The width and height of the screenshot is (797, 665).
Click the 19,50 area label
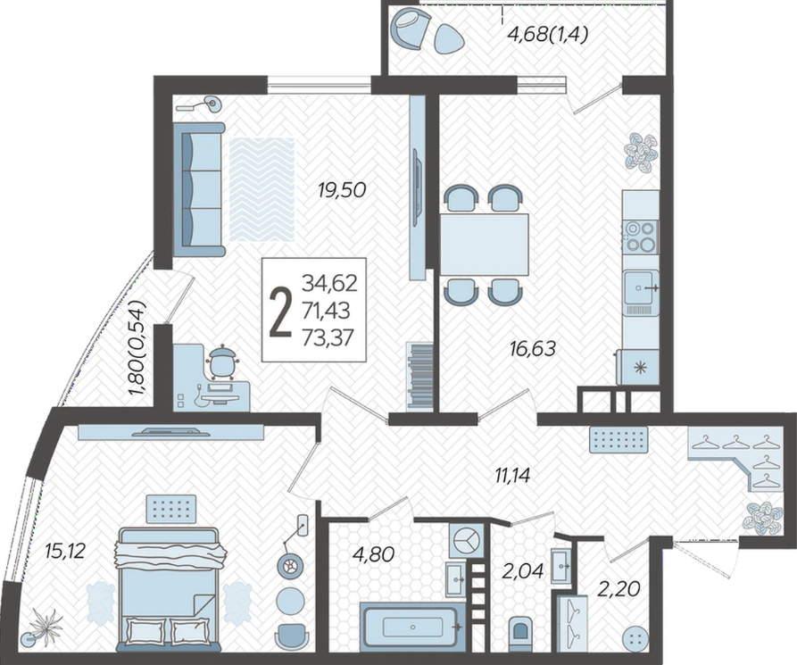point(342,191)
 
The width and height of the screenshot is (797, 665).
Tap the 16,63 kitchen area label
point(533,349)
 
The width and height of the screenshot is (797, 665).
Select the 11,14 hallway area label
point(513,476)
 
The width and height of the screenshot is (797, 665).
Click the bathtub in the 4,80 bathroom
point(412,627)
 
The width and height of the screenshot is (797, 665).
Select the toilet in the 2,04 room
point(520,630)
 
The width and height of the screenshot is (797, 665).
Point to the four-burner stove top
point(641,237)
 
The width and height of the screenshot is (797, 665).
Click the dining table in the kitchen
point(485,245)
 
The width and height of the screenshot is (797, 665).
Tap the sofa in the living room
point(198,189)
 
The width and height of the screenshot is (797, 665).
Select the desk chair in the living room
point(221,362)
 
